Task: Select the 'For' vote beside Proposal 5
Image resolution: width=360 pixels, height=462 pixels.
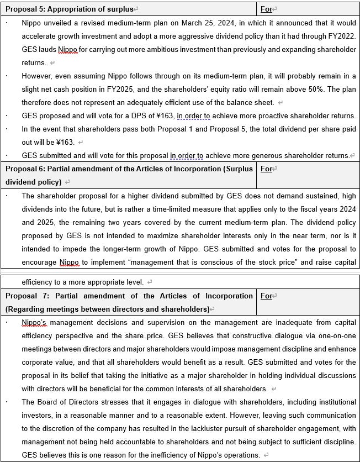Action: (x=266, y=9)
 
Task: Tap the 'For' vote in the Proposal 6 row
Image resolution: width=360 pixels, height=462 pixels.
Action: (x=266, y=169)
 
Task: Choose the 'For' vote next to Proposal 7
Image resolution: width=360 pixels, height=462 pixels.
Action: (x=266, y=296)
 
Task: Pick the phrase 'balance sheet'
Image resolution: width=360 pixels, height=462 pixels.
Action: (x=251, y=102)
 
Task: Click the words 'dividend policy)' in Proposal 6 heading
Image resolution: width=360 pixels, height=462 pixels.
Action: (x=33, y=182)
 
